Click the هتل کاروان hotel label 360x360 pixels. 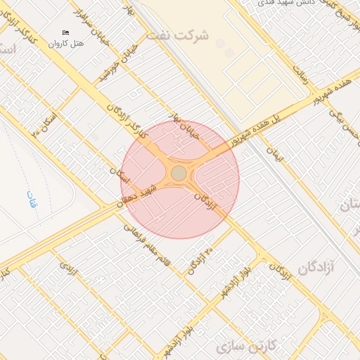(x=66, y=44)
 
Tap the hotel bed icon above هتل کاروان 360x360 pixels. (x=66, y=33)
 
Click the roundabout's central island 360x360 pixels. (x=179, y=173)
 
